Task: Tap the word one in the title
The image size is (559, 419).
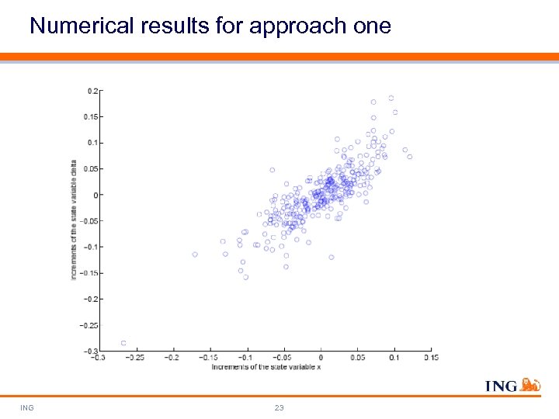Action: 370,26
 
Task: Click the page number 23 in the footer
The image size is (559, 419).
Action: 279,407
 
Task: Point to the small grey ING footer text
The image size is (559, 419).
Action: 27,407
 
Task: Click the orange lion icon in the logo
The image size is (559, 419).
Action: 530,384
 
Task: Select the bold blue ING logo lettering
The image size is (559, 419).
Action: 502,386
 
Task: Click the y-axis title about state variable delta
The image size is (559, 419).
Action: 75,220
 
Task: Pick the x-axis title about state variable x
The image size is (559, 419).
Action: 266,366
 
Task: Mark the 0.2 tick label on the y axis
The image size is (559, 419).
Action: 92,91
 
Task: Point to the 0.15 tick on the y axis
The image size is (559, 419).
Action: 91,116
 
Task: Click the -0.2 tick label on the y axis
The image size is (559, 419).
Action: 91,299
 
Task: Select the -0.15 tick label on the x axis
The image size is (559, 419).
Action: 207,358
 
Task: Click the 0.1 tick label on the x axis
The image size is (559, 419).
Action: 393,358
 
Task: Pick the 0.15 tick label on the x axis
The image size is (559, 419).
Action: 430,358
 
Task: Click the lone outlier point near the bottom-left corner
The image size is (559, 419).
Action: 123,343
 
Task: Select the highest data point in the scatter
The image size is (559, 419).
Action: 391,99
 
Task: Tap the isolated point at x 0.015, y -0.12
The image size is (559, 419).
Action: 332,257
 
